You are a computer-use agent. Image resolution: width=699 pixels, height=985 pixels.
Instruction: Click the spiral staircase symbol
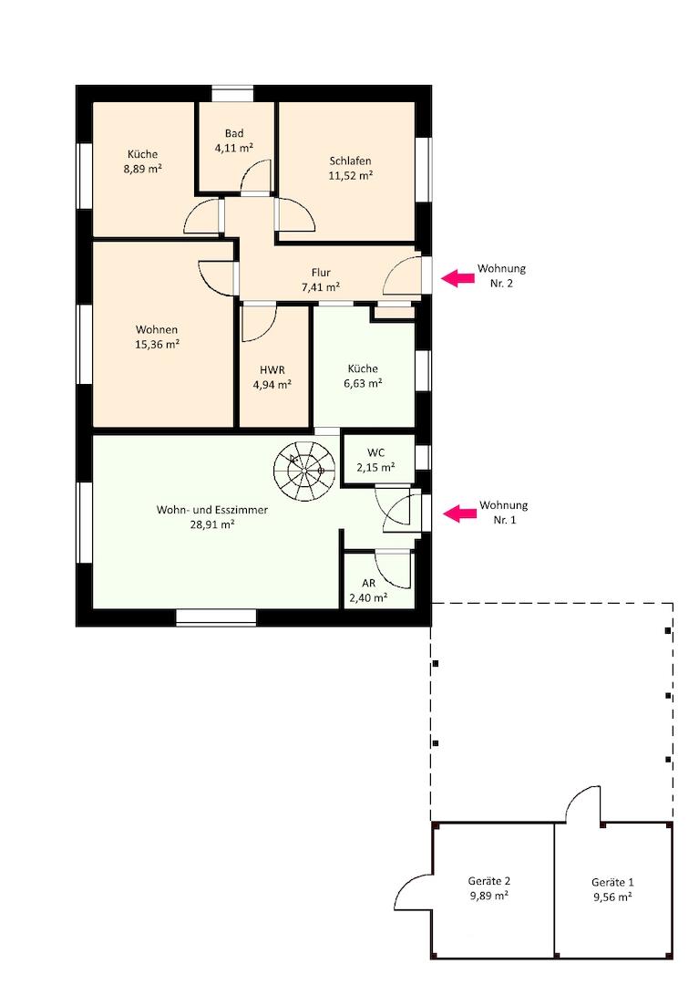303,471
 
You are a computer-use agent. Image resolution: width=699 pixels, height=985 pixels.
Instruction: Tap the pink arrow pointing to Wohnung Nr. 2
457,277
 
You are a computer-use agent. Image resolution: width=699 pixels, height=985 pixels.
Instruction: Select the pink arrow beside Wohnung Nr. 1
460,513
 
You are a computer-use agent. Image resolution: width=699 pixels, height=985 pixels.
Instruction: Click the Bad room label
234,133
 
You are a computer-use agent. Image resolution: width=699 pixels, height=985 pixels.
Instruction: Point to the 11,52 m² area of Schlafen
351,176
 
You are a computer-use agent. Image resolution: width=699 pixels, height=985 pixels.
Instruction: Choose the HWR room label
272,370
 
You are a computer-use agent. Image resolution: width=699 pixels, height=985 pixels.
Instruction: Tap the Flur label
321,273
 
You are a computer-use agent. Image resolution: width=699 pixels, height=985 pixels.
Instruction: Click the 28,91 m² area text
212,524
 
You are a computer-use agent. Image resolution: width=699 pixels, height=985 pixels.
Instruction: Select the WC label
375,452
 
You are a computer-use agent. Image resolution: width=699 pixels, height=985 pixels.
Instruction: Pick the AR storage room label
369,584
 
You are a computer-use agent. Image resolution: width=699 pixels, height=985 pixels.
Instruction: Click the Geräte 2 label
489,882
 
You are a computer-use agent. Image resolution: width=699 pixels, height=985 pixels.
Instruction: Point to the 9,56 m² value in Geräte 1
612,897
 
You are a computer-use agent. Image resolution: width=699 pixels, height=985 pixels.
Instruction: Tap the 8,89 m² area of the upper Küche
143,169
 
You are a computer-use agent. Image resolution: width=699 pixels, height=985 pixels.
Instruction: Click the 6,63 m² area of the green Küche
363,383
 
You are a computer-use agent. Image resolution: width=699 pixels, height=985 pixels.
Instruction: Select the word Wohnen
157,330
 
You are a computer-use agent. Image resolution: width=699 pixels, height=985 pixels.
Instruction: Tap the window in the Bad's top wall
232,94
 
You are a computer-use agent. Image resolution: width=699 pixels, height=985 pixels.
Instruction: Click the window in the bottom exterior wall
216,617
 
